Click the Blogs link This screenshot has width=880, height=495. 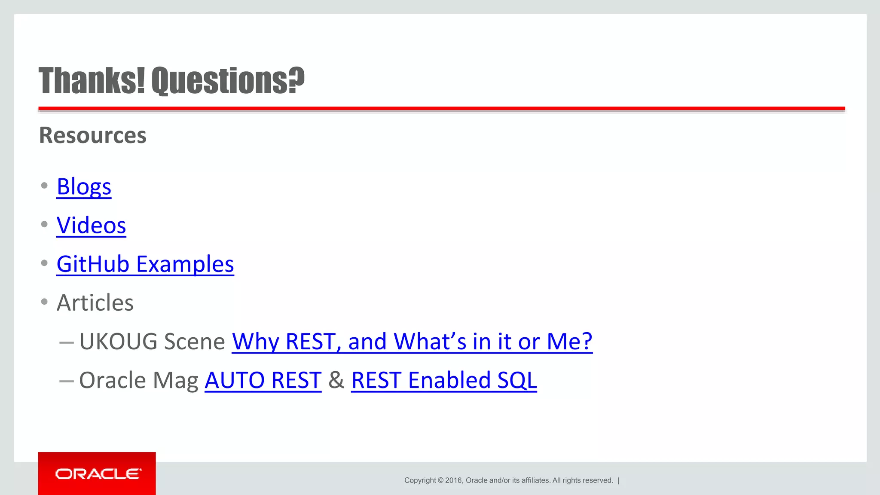coord(84,186)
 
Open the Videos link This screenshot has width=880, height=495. coord(91,225)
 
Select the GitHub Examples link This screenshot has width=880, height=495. coord(145,264)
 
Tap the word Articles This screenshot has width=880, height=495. coord(95,302)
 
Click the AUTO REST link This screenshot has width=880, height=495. coord(263,380)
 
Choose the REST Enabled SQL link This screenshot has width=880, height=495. coord(444,380)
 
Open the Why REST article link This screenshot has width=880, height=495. coord(412,342)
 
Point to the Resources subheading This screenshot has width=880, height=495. coord(93,135)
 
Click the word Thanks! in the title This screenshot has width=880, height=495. coord(92,80)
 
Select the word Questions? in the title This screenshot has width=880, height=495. coord(228,80)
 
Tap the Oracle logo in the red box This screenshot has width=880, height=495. coord(98,474)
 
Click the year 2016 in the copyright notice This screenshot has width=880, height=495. coord(453,480)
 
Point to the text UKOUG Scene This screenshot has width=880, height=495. coord(152,342)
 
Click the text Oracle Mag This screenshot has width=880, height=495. coord(138,380)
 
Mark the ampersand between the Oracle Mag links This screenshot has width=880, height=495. coord(336,380)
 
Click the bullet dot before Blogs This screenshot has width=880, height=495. coord(44,186)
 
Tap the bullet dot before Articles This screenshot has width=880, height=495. coord(44,302)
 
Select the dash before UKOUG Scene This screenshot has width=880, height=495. coord(67,342)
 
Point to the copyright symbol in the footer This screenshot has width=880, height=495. coord(440,480)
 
